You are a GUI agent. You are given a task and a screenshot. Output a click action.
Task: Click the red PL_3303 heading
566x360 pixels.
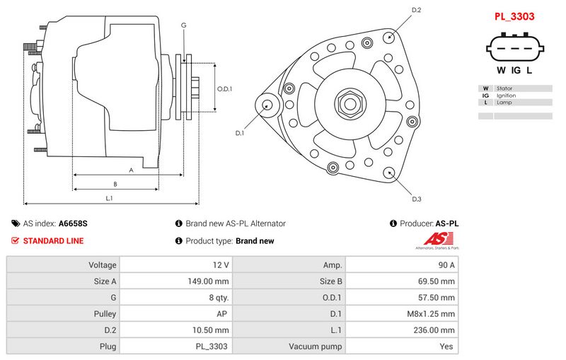pyautogui.click(x=514, y=16)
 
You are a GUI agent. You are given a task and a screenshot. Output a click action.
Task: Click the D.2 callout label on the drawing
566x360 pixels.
pyautogui.click(x=416, y=10)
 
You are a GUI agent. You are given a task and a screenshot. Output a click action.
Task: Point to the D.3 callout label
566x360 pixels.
pyautogui.click(x=416, y=199)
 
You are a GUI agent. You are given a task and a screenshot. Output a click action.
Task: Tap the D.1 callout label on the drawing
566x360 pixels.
pyautogui.click(x=240, y=133)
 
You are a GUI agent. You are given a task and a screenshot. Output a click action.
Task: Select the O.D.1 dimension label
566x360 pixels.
pyautogui.click(x=224, y=88)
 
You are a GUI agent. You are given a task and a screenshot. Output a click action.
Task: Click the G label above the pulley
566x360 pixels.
pyautogui.click(x=183, y=25)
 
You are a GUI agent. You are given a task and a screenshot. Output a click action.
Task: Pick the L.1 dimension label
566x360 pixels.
pyautogui.click(x=109, y=198)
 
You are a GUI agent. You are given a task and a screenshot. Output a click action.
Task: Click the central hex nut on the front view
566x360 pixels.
pyautogui.click(x=349, y=104)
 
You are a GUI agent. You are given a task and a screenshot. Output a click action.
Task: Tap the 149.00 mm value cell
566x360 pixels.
pyautogui.click(x=176, y=281)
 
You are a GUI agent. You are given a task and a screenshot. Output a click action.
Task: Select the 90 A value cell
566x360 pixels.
pyautogui.click(x=403, y=265)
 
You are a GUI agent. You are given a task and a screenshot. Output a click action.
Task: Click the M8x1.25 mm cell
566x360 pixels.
pyautogui.click(x=403, y=314)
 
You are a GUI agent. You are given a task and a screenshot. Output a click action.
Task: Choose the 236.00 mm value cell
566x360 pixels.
pyautogui.click(x=403, y=330)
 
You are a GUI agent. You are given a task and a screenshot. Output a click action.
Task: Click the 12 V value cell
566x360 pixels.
pyautogui.click(x=176, y=265)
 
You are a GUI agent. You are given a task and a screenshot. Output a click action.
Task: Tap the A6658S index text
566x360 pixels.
pyautogui.click(x=73, y=223)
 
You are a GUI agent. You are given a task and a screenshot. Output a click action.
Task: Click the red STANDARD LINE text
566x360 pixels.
pyautogui.click(x=53, y=240)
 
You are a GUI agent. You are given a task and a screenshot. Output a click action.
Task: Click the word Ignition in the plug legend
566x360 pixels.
pyautogui.click(x=506, y=95)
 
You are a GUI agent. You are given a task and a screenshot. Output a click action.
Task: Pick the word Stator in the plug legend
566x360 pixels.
pyautogui.click(x=504, y=88)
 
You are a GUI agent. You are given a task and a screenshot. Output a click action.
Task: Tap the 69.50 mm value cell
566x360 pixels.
pyautogui.click(x=403, y=281)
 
